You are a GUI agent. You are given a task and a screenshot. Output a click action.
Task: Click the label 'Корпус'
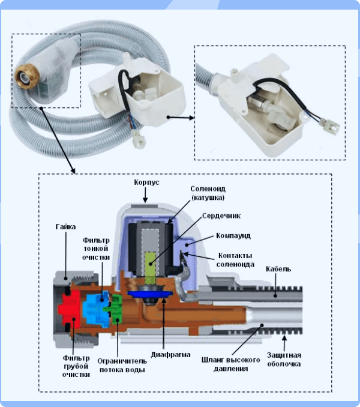click(146, 181)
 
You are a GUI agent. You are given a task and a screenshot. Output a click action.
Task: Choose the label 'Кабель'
click(279, 268)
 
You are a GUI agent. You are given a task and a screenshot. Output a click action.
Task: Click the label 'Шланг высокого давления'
click(222, 364)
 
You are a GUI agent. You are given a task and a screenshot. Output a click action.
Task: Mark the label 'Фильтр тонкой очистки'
click(96, 249)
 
